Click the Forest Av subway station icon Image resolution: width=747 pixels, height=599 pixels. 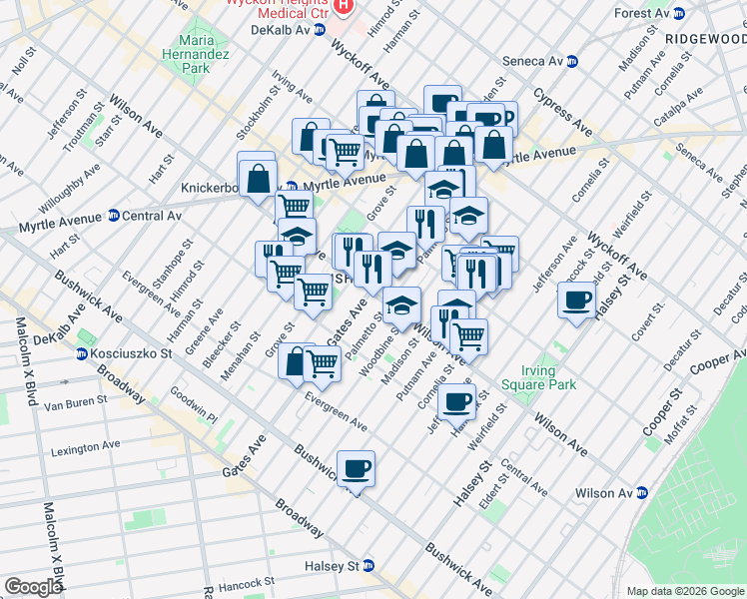(x=679, y=14)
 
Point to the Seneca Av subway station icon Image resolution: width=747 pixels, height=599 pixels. (x=572, y=62)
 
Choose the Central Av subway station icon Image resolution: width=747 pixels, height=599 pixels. (x=113, y=216)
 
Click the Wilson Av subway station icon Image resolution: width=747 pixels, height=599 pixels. (x=644, y=493)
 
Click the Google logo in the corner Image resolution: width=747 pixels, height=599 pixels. (x=33, y=587)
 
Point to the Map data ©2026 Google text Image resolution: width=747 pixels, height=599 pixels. (x=685, y=591)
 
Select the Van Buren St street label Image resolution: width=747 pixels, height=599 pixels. (x=75, y=404)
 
